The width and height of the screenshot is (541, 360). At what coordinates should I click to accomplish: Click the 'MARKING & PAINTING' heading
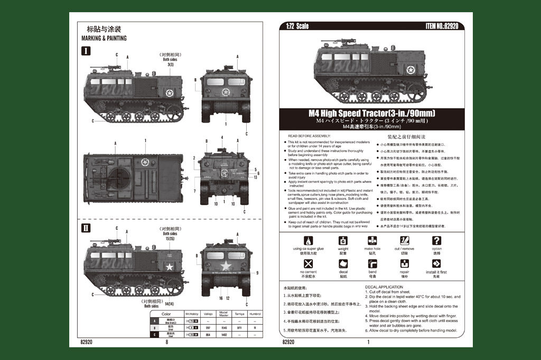tap(104, 38)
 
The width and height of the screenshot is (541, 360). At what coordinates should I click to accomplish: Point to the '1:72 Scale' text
tap(297, 26)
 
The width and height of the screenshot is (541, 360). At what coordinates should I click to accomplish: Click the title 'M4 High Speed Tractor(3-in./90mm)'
tap(372, 113)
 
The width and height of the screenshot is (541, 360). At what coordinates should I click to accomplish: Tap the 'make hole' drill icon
tap(372, 241)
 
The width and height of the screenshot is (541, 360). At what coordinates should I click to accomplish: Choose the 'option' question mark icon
tap(436, 241)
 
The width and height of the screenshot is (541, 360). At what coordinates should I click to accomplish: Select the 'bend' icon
tap(372, 264)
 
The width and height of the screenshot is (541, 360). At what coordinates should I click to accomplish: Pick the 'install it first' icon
tap(436, 264)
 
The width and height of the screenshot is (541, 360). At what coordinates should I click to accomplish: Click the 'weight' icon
tap(343, 241)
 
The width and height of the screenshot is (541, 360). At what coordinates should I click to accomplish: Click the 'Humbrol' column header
tap(255, 314)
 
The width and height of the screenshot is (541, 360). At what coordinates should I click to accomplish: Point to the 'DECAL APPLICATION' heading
tap(384, 287)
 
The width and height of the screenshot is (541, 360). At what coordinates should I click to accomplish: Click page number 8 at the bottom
tap(167, 343)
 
